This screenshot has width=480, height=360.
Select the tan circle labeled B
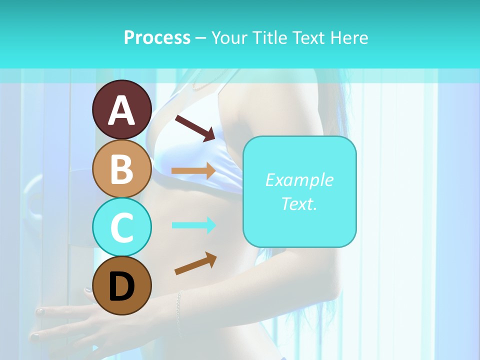tap(121, 168)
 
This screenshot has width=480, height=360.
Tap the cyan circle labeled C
tap(121, 226)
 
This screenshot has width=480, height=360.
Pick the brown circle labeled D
tap(121, 285)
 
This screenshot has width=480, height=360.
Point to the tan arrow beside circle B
tap(193, 171)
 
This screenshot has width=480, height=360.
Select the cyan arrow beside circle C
tap(193, 225)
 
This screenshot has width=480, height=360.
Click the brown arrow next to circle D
tap(195, 263)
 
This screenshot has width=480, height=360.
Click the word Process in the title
tap(157, 37)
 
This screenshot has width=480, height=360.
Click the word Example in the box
tap(299, 180)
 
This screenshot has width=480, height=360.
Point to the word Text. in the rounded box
tap(299, 203)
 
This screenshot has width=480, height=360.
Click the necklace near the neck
tap(205, 86)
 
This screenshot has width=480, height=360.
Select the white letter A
tap(121, 111)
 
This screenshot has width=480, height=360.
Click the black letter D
tap(121, 287)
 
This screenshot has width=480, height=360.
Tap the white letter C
tap(121, 227)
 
